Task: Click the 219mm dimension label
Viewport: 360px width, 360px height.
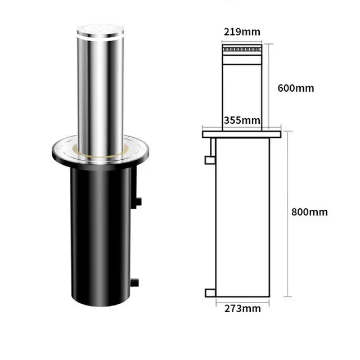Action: coord(242,31)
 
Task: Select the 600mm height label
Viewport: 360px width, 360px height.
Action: coord(295,88)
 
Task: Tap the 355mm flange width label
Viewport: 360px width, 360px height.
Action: coord(242,120)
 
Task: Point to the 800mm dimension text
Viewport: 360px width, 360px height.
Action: coord(309,212)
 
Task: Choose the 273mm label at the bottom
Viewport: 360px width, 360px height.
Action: coord(242,308)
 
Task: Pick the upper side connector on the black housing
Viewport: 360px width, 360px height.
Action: coord(138,201)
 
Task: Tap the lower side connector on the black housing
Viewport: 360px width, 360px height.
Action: coord(136,281)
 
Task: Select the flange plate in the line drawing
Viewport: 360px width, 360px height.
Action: coord(241,134)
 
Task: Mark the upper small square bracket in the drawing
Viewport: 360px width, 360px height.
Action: coord(210,160)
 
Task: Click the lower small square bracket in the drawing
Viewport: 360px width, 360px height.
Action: coord(210,292)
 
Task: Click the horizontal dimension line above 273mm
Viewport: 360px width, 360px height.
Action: coord(242,301)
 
